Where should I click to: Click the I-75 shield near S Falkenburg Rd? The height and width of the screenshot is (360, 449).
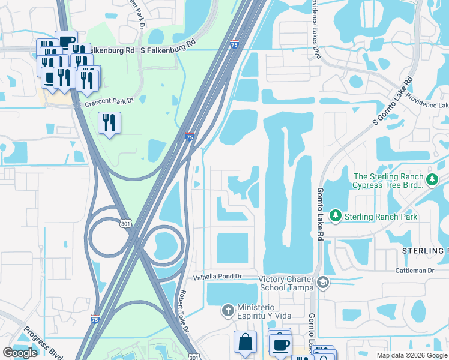click(234, 44)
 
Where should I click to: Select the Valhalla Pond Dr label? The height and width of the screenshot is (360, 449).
click(217, 277)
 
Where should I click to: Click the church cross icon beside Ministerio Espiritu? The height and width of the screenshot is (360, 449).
click(227, 310)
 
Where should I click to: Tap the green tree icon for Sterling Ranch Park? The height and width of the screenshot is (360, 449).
click(336, 215)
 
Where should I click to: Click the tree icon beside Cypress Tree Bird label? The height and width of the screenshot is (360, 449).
click(431, 179)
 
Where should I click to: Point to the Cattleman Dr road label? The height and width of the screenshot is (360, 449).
click(414, 271)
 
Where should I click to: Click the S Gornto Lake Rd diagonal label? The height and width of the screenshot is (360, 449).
click(393, 100)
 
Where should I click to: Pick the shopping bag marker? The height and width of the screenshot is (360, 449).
click(245, 343)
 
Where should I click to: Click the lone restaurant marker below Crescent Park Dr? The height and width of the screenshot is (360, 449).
click(109, 123)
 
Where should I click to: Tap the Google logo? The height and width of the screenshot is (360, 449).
click(20, 353)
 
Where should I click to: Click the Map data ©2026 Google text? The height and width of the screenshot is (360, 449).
click(411, 355)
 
